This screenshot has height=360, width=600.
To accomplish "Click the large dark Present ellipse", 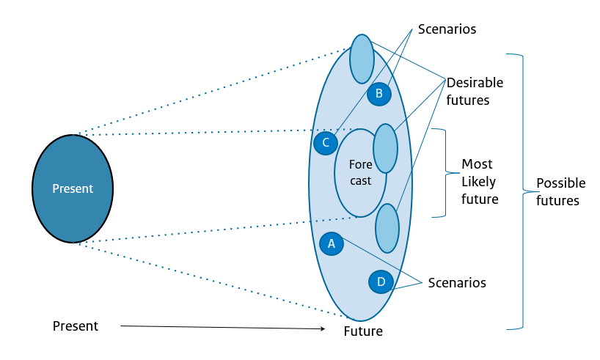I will tap(73, 188).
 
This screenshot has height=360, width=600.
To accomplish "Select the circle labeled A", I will tap(332, 243).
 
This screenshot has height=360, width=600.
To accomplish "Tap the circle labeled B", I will tap(379, 93).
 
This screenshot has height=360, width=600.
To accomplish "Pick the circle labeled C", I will tap(325, 142).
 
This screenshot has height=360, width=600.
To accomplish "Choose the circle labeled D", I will tap(381, 282).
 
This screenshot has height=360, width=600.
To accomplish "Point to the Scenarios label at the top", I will tap(447, 29).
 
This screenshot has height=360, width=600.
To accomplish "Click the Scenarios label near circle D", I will tap(456, 282).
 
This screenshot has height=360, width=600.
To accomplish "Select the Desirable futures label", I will tap(475, 91).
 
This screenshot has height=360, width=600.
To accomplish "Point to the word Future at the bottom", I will tap(363, 331).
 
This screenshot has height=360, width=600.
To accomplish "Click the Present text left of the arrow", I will tap(75, 326).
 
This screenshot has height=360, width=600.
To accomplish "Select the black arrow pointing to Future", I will tap(220, 327).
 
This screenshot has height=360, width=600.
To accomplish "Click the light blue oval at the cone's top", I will tap(362, 59).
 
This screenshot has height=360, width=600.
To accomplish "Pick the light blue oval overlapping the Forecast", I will tap(386, 148).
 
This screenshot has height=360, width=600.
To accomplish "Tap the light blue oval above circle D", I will tap(387, 228).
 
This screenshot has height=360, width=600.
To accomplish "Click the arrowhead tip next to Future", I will tap(323, 329).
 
